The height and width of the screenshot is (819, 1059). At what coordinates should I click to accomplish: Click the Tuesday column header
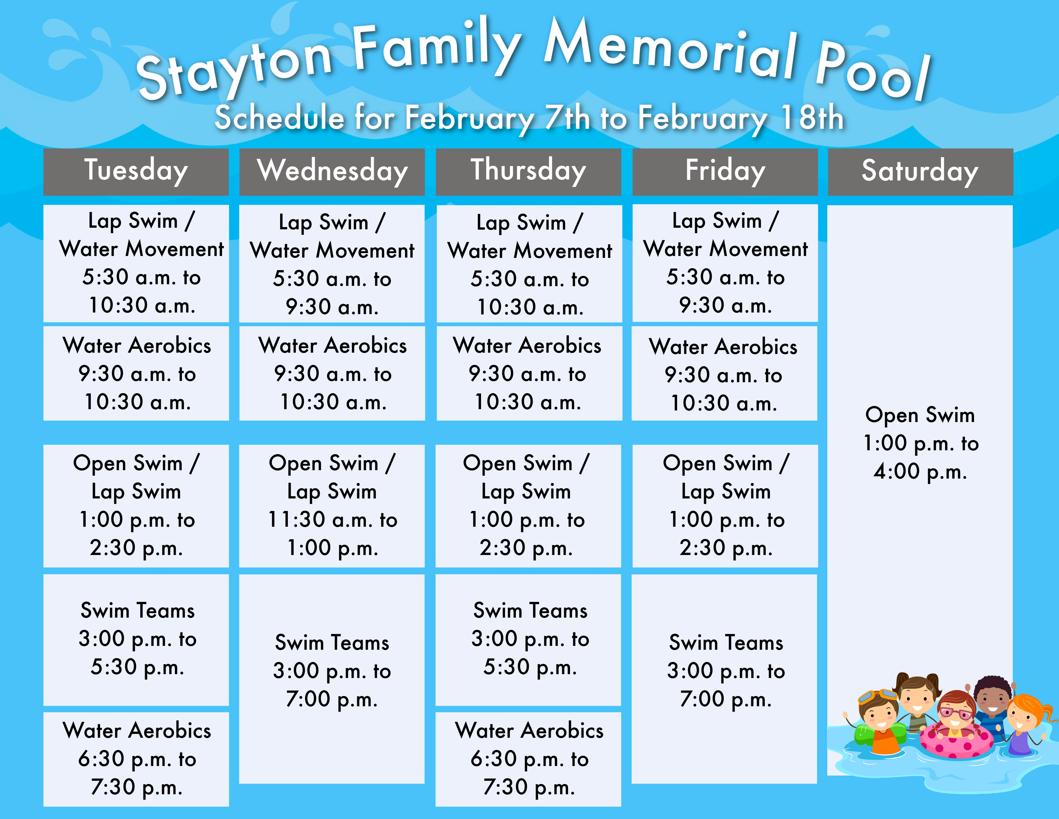point(136,172)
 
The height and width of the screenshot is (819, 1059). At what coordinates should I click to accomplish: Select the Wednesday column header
point(332,172)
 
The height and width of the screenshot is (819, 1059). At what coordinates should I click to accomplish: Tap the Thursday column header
point(529,172)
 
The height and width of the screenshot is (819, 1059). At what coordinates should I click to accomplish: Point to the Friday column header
point(725,172)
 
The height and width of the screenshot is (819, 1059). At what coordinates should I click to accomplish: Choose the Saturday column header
point(920,172)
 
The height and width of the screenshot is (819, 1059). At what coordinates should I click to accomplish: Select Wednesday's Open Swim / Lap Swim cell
point(332,506)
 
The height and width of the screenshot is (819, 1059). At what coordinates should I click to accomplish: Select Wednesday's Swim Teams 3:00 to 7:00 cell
point(332,679)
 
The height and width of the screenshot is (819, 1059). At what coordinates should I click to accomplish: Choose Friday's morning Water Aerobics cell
point(724,373)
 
